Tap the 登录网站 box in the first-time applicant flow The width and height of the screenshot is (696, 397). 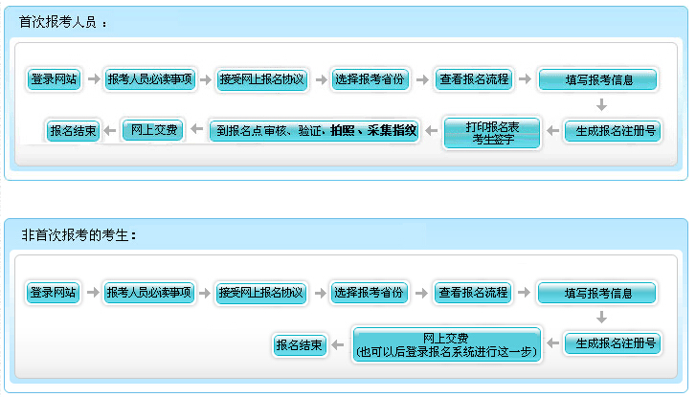click(x=54, y=79)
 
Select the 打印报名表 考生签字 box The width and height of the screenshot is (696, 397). click(x=492, y=133)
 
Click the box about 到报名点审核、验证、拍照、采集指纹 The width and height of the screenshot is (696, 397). click(x=314, y=130)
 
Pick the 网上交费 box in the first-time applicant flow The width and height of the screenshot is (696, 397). click(x=153, y=130)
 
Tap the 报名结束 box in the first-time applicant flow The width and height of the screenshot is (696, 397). click(x=74, y=131)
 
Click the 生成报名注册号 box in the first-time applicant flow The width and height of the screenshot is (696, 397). click(x=613, y=131)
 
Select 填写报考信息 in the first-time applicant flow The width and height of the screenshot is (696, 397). click(x=597, y=79)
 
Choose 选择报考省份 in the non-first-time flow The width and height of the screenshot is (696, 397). click(x=369, y=293)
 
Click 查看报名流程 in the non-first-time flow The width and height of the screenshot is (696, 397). click(x=473, y=293)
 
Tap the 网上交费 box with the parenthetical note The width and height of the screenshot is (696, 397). click(x=446, y=344)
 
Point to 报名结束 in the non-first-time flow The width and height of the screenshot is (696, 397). click(x=300, y=344)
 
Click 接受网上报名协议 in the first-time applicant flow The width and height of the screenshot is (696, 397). click(x=262, y=79)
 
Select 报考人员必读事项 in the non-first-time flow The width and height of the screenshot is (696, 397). click(x=148, y=293)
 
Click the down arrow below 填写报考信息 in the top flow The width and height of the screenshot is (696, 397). click(x=601, y=105)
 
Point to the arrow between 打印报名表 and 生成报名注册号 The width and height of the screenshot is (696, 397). click(x=552, y=131)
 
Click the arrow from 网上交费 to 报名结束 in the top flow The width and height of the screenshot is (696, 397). click(x=110, y=130)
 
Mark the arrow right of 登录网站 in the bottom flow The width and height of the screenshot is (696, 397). click(x=93, y=293)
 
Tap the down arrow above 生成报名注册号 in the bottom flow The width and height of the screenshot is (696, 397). click(x=601, y=318)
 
